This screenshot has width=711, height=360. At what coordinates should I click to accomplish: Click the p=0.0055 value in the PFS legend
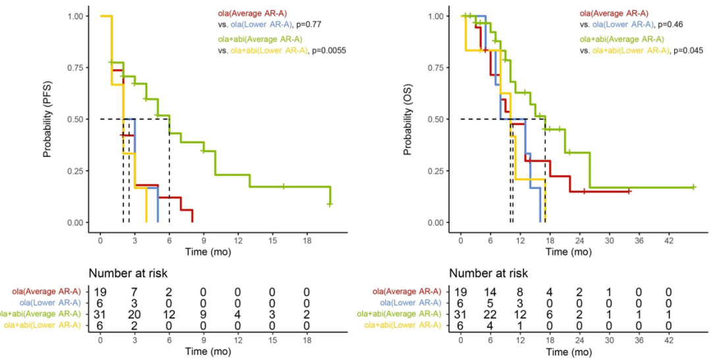click(x=329, y=50)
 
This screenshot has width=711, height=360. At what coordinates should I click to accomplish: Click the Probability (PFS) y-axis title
click(x=48, y=119)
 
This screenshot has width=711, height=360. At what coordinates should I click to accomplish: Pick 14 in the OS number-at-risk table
click(x=490, y=291)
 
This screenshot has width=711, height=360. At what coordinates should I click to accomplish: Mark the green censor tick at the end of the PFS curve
click(x=330, y=204)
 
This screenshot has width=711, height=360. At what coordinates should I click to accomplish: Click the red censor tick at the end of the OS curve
click(x=629, y=191)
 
